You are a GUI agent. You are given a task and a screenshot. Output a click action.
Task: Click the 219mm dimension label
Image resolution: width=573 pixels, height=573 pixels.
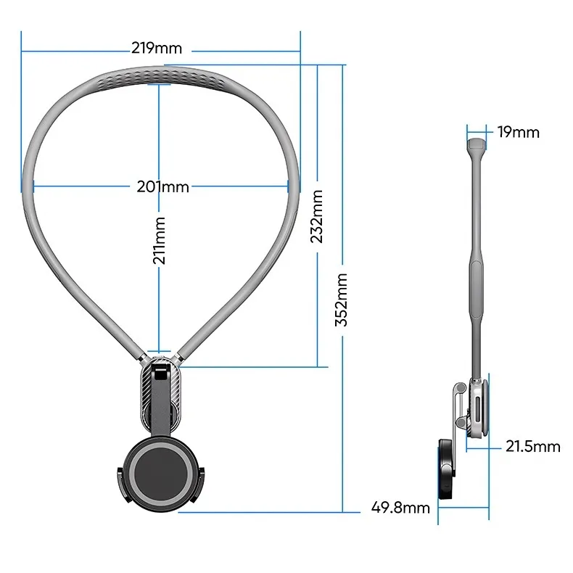(x=156, y=49)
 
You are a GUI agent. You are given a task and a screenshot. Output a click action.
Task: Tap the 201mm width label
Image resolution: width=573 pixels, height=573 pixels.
(x=162, y=187)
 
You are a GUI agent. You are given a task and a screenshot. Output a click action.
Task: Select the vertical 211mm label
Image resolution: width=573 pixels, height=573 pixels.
(x=160, y=239)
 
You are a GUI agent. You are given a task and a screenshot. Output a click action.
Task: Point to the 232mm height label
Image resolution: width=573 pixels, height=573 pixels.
(x=317, y=216)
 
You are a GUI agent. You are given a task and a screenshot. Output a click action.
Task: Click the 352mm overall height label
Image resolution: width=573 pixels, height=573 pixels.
(x=342, y=300)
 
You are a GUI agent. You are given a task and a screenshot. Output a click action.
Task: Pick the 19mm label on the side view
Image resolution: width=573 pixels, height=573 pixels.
(x=519, y=132)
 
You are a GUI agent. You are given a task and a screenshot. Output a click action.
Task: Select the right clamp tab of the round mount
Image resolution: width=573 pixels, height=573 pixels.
(x=203, y=485)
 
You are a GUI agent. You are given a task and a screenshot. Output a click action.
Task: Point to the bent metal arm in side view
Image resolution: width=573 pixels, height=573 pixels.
(x=455, y=413)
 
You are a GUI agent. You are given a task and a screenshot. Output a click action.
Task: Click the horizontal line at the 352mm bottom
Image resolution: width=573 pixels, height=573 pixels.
(x=268, y=511)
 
